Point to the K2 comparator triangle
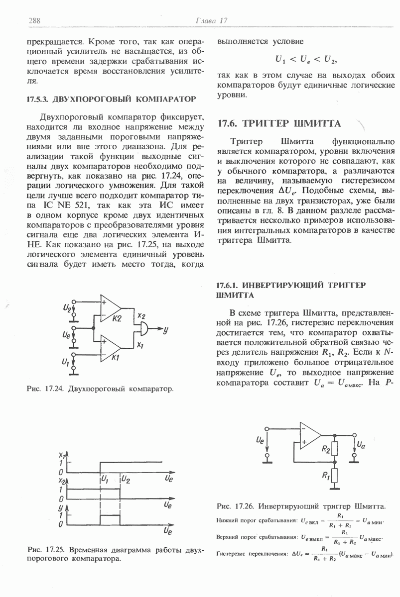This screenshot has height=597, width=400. [x=111, y=311]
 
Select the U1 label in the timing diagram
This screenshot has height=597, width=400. [x=105, y=480]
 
